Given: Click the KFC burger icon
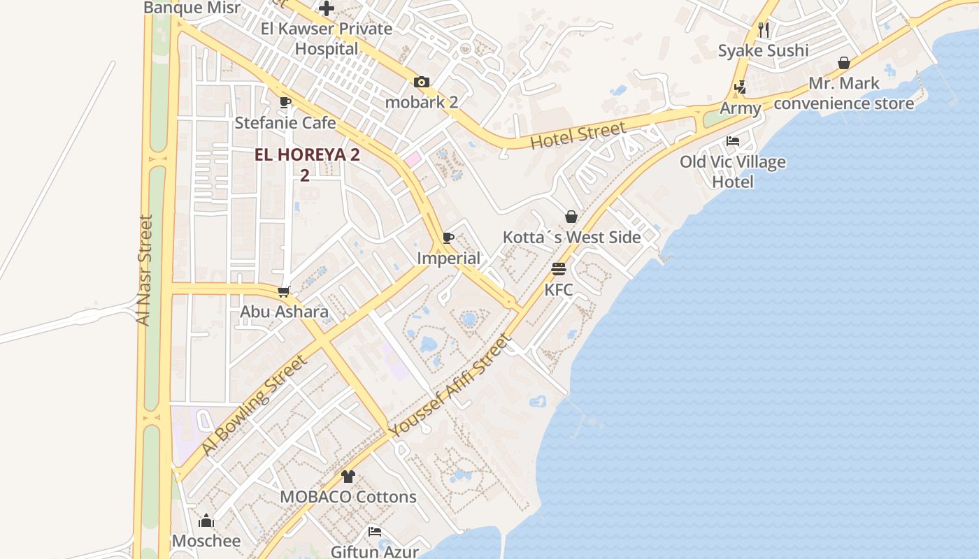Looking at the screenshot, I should [558, 269].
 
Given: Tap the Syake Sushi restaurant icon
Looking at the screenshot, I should [764, 29].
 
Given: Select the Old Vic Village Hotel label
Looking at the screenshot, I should [733, 172].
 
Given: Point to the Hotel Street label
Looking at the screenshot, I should [578, 136].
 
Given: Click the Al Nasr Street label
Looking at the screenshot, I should [145, 270].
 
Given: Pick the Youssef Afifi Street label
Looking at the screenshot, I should [450, 386].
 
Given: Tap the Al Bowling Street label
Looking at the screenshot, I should [254, 405].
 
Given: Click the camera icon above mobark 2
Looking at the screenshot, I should [421, 82].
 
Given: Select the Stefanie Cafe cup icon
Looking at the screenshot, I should [285, 102].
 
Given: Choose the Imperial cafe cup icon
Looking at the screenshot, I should [448, 238].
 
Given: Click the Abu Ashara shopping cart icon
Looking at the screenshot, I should [283, 291].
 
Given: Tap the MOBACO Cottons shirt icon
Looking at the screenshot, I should [348, 477].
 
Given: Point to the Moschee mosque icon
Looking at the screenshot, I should [206, 521].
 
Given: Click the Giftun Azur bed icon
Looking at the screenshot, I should [375, 532].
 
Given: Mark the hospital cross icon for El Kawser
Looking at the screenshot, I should [327, 9].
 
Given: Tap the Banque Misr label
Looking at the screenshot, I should [192, 8].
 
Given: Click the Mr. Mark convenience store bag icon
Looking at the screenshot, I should [844, 63].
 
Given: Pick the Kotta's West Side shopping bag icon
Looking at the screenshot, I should [571, 217].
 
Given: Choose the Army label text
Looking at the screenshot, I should [740, 108].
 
